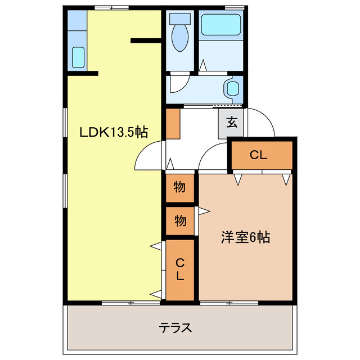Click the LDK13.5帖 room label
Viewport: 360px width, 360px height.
click(113, 133)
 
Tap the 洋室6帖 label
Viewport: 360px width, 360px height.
click(245, 238)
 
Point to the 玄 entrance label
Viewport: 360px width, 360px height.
click(232, 121)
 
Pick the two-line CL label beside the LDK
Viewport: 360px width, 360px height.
click(179, 269)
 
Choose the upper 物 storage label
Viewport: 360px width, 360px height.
click(179, 188)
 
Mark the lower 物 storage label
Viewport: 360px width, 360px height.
click(179, 220)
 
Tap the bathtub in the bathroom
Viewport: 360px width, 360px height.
click(221, 24)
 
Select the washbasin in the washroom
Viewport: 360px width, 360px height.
click(232, 88)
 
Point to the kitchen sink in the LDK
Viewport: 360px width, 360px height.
click(78, 57)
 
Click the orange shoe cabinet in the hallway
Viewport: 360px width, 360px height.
click(172, 124)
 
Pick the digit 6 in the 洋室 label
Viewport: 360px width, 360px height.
click(253, 238)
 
